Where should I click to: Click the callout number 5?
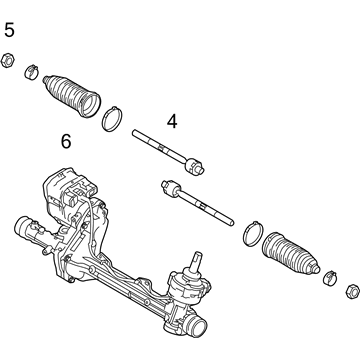tap(9, 30)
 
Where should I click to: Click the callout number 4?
tap(172, 122)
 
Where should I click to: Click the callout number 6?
tap(66, 141)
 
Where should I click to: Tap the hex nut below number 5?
tap(7, 61)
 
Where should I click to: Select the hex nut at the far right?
tap(352, 292)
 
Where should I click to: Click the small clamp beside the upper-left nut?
tap(31, 72)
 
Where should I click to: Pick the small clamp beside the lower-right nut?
tap(330, 278)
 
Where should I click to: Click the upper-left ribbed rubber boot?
tap(72, 96)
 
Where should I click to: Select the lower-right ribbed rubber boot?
tap(291, 254)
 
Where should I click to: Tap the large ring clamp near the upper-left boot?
tap(112, 119)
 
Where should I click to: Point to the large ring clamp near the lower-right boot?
tap(253, 233)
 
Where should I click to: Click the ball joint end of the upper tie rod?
tap(194, 166)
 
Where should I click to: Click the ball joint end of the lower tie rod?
tap(171, 188)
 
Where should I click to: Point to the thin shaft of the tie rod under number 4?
tap(159, 146)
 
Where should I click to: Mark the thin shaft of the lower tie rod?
tap(206, 208)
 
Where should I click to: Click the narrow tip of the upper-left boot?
tap(46, 79)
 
